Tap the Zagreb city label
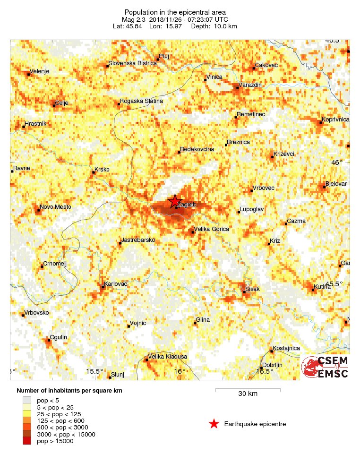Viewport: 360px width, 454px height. pos(186,205)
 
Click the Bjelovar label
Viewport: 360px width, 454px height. pos(336,183)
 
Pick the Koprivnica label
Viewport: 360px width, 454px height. pos(335,120)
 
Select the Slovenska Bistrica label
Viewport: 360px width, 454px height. pos(132,63)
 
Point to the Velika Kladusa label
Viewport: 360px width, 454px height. pos(168,357)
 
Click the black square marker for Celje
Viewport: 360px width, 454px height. pos(54,105)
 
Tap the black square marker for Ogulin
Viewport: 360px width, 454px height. pos(49,340)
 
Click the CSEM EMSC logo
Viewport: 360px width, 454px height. pos(325,367)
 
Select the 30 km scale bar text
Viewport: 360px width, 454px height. pos(248,394)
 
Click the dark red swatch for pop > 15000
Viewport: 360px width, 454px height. pos(29,441)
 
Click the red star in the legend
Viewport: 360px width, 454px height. pos(214,424)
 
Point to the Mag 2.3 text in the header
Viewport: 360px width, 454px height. pos(134,19)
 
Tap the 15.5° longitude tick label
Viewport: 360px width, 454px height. pos(94,371)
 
